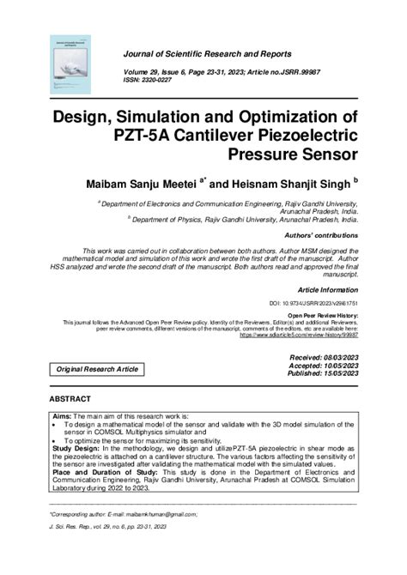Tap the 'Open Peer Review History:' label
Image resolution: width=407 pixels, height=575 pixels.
(x=319, y=315)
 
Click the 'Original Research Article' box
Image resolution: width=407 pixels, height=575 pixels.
(x=97, y=368)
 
